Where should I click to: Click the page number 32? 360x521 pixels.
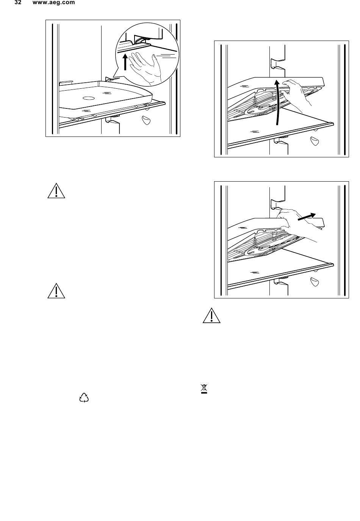pos(18,3)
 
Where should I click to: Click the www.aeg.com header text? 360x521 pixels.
pos(54,3)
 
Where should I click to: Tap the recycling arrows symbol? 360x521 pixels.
pos(84,398)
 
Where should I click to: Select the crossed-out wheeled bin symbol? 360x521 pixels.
pos(204,389)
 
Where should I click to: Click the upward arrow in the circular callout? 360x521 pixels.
pos(125,62)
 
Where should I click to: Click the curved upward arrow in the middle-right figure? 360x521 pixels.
pos(277,102)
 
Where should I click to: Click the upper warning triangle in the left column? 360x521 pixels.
pos(56,191)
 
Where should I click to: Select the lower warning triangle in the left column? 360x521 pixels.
pos(56,291)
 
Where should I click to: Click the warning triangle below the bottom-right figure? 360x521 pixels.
pos(211,315)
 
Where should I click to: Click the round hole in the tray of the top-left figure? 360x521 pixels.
pos(88,98)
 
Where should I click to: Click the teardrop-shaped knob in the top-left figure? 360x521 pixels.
pos(146,120)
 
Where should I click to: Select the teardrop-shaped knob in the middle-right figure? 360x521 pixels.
pos(315,141)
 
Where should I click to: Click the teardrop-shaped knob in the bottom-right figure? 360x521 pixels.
pos(315,282)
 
